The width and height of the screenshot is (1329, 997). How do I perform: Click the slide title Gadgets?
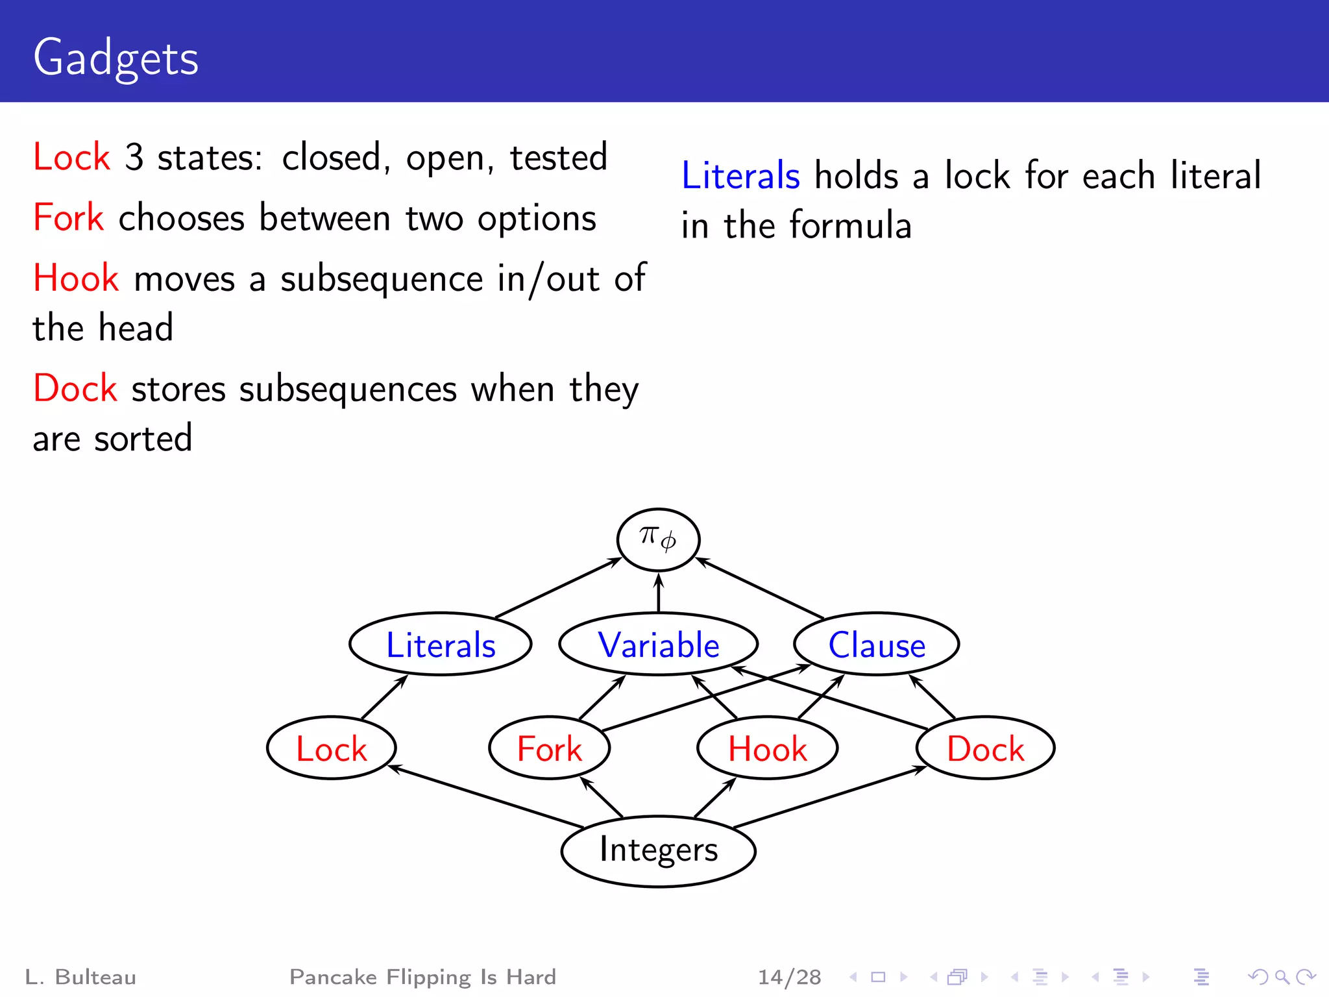pyautogui.click(x=116, y=58)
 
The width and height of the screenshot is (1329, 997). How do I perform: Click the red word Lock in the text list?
pyautogui.click(x=71, y=157)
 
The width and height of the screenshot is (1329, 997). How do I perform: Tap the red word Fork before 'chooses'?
pyautogui.click(x=68, y=217)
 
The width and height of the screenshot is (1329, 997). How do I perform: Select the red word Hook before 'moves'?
pyautogui.click(x=76, y=278)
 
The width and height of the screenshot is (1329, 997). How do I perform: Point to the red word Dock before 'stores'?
pyautogui.click(x=75, y=389)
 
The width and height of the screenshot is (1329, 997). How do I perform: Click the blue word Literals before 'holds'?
pyautogui.click(x=740, y=176)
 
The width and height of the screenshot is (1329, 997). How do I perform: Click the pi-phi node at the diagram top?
pyautogui.click(x=658, y=539)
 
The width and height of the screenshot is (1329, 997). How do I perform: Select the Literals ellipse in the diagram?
pyautogui.click(x=441, y=645)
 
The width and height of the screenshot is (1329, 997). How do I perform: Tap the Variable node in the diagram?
pyautogui.click(x=658, y=645)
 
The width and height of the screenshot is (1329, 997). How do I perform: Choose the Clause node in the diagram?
pyautogui.click(x=876, y=645)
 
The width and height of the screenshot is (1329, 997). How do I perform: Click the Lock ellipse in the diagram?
pyautogui.click(x=331, y=748)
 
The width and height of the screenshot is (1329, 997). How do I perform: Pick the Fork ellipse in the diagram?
pyautogui.click(x=549, y=748)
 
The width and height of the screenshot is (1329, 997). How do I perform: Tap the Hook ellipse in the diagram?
pyautogui.click(x=767, y=748)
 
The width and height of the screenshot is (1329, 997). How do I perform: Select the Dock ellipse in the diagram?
pyautogui.click(x=985, y=748)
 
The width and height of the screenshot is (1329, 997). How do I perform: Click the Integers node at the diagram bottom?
pyautogui.click(x=658, y=850)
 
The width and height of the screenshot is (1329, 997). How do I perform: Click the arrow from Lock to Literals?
pyautogui.click(x=384, y=697)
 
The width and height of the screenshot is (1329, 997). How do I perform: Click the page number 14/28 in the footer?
pyautogui.click(x=789, y=977)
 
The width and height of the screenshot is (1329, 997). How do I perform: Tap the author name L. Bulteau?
pyautogui.click(x=80, y=977)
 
